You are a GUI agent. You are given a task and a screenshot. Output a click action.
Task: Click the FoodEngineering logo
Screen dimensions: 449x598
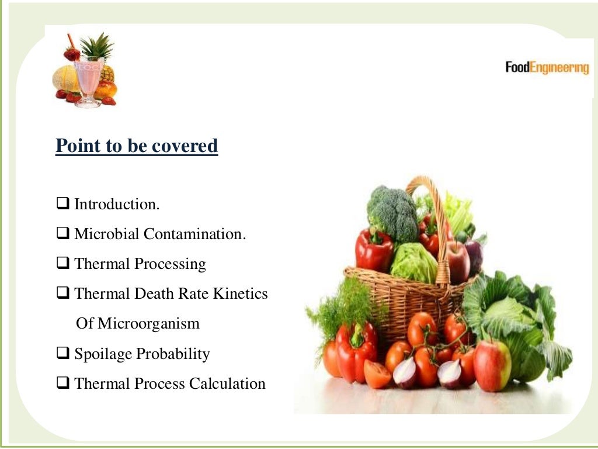tap(547, 68)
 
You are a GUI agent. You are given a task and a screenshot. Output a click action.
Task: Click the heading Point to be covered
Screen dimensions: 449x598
tap(137, 146)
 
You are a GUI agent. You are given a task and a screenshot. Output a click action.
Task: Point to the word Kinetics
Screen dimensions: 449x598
tap(240, 293)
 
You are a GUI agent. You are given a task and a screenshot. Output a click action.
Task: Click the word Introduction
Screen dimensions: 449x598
tap(117, 205)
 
